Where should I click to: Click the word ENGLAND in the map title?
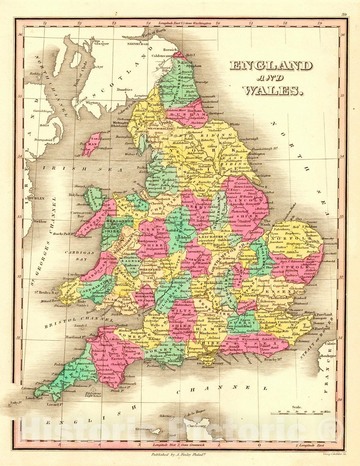coord(270,66)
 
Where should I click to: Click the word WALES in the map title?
coord(272,91)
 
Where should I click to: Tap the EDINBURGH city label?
coord(138,44)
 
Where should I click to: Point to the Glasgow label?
coord(102,44)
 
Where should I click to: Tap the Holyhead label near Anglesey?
coord(76,195)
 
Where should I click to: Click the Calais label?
coord(330,342)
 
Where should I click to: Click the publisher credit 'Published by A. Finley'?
coord(179,454)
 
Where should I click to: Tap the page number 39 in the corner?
coord(344,14)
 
